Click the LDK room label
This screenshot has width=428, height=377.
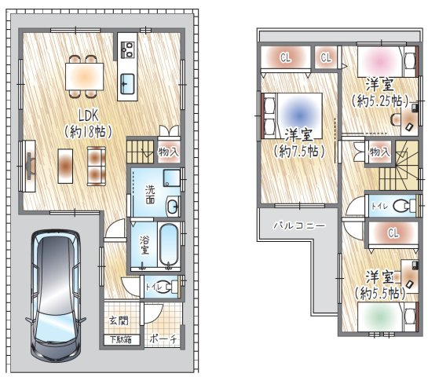(x=89, y=115)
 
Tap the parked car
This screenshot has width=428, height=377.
(x=56, y=295)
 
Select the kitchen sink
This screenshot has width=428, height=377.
(x=127, y=84)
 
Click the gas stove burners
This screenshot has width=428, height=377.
(x=127, y=50)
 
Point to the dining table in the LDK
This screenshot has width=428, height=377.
(x=84, y=76)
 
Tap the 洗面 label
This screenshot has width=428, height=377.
(x=150, y=194)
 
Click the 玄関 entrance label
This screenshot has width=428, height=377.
(x=119, y=320)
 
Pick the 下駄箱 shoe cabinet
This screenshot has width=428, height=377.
(x=121, y=340)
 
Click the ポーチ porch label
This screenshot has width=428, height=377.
(x=163, y=339)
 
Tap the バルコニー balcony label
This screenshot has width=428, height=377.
(x=299, y=225)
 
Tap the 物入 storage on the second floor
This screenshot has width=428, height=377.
(x=379, y=152)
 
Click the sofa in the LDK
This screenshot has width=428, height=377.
(x=97, y=166)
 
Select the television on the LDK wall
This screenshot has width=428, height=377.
(x=30, y=166)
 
